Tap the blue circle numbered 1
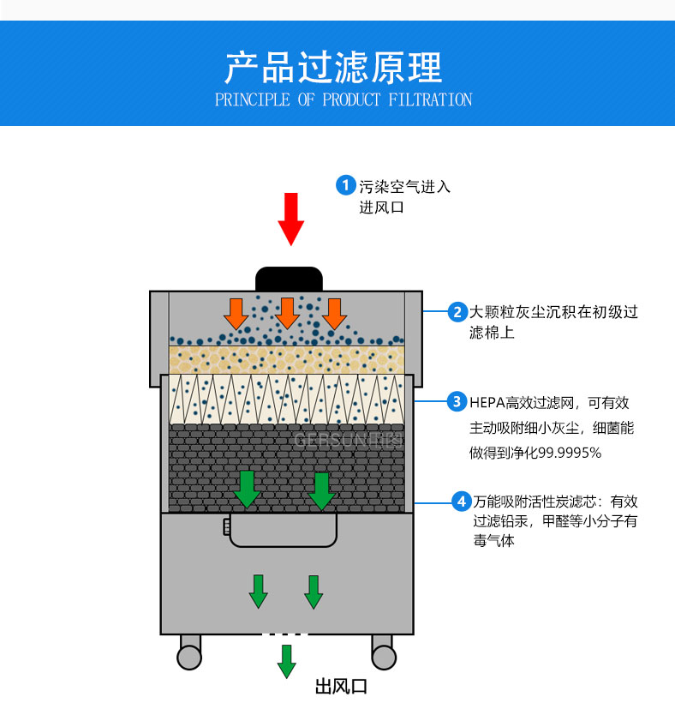click(x=346, y=185)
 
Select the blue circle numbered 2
click(x=458, y=312)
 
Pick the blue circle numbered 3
click(x=458, y=401)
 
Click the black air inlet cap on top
click(x=289, y=279)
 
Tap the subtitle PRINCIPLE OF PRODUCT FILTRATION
click(x=343, y=100)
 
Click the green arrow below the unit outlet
click(x=286, y=661)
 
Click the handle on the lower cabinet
click(x=282, y=532)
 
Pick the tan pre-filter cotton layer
click(x=286, y=359)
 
